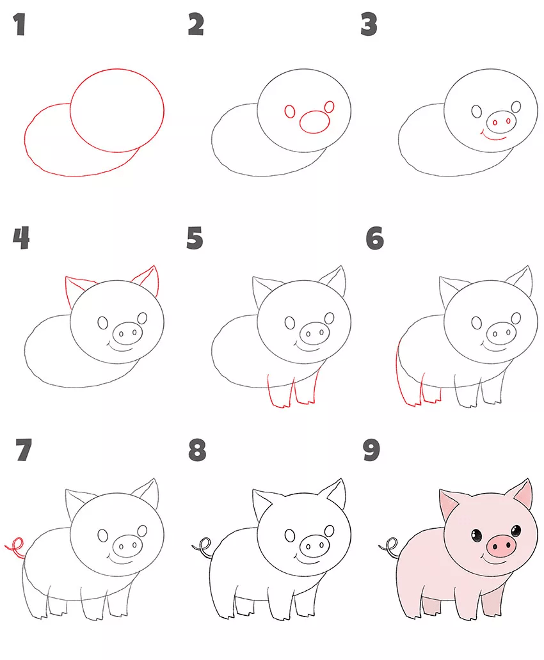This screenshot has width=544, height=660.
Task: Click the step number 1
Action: click(19, 24)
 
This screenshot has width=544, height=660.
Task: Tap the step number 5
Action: click(195, 238)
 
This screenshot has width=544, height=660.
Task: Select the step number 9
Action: click(371, 450)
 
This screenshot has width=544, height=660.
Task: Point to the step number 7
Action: click(24, 450)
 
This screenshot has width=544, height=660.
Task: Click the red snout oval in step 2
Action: click(315, 122)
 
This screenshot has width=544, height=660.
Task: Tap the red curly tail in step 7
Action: click(16, 547)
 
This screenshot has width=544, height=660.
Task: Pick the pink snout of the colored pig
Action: click(501, 546)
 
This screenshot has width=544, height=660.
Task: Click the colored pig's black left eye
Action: click(477, 535)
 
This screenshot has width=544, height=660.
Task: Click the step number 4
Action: click(21, 238)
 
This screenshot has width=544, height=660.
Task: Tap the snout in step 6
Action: click(502, 333)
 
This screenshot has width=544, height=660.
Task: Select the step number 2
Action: click(196, 24)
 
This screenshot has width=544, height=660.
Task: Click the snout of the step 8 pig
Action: click(314, 546)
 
